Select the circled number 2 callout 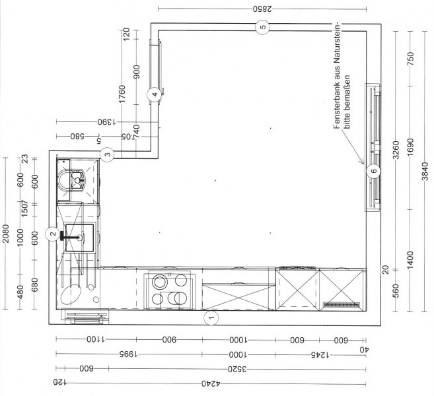52,232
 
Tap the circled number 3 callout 108,154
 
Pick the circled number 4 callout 154,94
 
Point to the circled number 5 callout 262,26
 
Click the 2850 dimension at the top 262,9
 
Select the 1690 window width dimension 410,149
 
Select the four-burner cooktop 169,290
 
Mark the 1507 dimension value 21,209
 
